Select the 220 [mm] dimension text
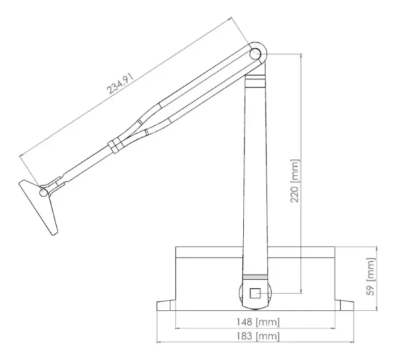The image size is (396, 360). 295,181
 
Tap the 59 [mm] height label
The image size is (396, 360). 372,278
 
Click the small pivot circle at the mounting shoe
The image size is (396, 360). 44,193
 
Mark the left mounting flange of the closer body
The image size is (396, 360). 166,305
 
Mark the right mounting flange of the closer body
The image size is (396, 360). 345,305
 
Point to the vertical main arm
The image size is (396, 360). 256,171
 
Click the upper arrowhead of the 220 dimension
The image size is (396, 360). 300,55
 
